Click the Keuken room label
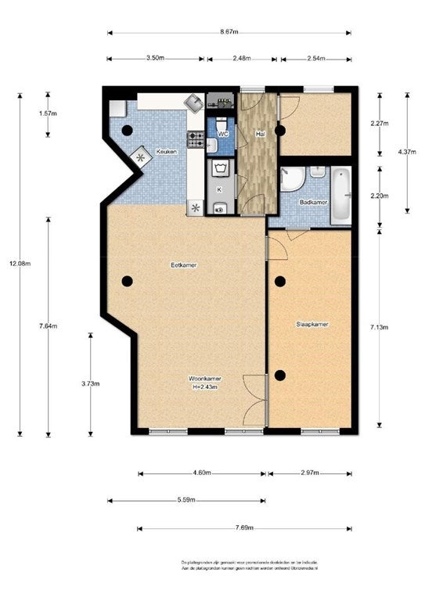click(167, 152)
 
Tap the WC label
click(223, 135)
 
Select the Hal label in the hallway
click(260, 134)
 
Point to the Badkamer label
click(313, 202)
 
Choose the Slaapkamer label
click(311, 323)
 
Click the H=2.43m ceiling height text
click(203, 387)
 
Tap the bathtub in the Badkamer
click(340, 196)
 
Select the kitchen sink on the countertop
click(193, 103)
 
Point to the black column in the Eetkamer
click(127, 281)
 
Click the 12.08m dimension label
click(21, 263)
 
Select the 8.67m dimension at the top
click(229, 33)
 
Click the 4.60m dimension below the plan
click(202, 473)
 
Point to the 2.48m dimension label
click(241, 59)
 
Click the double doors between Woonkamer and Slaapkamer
click(257, 399)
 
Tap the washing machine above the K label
click(220, 168)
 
